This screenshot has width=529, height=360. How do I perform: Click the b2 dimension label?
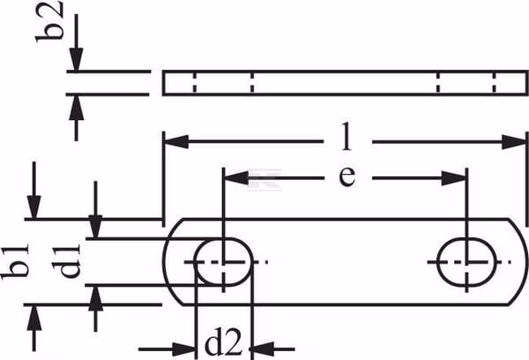pyautogui.click(x=49, y=21)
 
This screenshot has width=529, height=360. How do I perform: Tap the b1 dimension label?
pyautogui.click(x=15, y=262)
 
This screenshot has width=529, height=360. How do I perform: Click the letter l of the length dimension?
pyautogui.click(x=346, y=137)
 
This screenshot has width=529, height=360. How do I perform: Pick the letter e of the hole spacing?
pyautogui.click(x=347, y=176)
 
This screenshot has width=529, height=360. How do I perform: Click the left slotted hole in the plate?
pyautogui.click(x=223, y=262)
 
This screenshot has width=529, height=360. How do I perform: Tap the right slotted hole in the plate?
pyautogui.click(x=466, y=262)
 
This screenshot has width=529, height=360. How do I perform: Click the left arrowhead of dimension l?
pyautogui.click(x=176, y=141)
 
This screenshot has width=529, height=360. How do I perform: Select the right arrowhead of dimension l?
pyautogui.click(x=514, y=142)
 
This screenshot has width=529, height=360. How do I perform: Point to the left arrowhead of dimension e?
pyautogui.click(x=236, y=178)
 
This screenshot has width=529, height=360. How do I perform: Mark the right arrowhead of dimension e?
pyautogui.click(x=453, y=178)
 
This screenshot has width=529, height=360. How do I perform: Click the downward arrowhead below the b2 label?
pyautogui.click(x=76, y=59)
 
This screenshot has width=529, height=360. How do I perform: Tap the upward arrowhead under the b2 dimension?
pyautogui.click(x=76, y=108)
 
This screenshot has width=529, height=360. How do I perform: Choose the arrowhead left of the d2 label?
pyautogui.click(x=184, y=349)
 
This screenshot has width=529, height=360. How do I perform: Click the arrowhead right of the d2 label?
pyautogui.click(x=262, y=349)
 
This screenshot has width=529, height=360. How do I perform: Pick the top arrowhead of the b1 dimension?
pyautogui.click(x=34, y=207)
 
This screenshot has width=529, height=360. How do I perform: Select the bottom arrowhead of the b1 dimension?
pyautogui.click(x=34, y=318)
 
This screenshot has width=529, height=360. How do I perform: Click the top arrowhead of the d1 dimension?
pyautogui.click(x=95, y=227)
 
